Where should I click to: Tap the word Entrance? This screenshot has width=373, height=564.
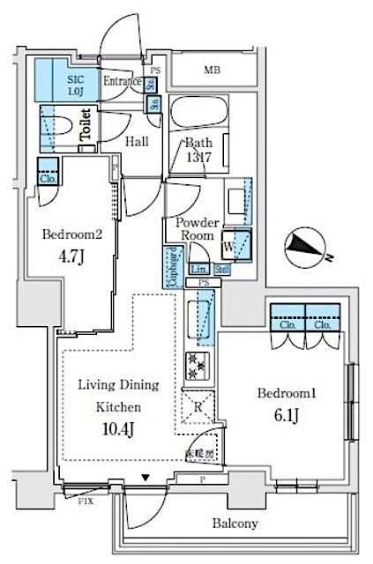[122, 82]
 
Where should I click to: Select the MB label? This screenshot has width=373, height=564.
[213, 70]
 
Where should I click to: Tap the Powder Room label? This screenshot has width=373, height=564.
[197, 230]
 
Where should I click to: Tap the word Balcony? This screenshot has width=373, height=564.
[234, 523]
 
